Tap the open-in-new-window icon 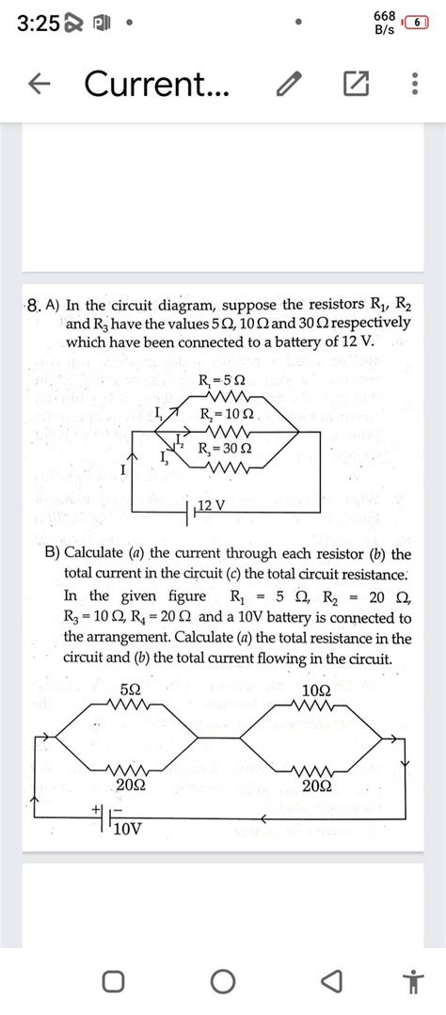point(355,87)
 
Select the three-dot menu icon point(414,87)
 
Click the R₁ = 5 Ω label point(223,381)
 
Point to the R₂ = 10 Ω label point(227,414)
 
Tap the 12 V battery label point(211,508)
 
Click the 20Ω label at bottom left point(130,784)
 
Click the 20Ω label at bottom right point(316,784)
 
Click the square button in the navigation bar point(113,982)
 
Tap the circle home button point(223,982)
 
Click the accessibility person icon point(411,982)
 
